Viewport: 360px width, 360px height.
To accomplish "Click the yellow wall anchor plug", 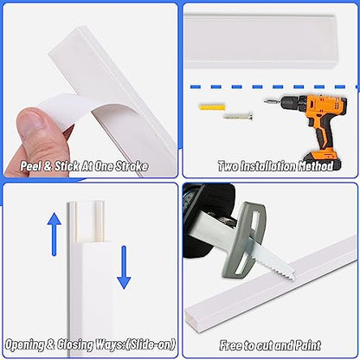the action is click(212, 107).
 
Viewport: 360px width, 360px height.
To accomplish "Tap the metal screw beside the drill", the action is click(238, 117).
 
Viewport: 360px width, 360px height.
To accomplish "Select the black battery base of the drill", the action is click(322, 161).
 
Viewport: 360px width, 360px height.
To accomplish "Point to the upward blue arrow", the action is click(54, 234).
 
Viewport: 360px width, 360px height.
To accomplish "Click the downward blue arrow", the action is click(124, 267).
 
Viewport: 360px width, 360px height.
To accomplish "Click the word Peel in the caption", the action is click(30, 166).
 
